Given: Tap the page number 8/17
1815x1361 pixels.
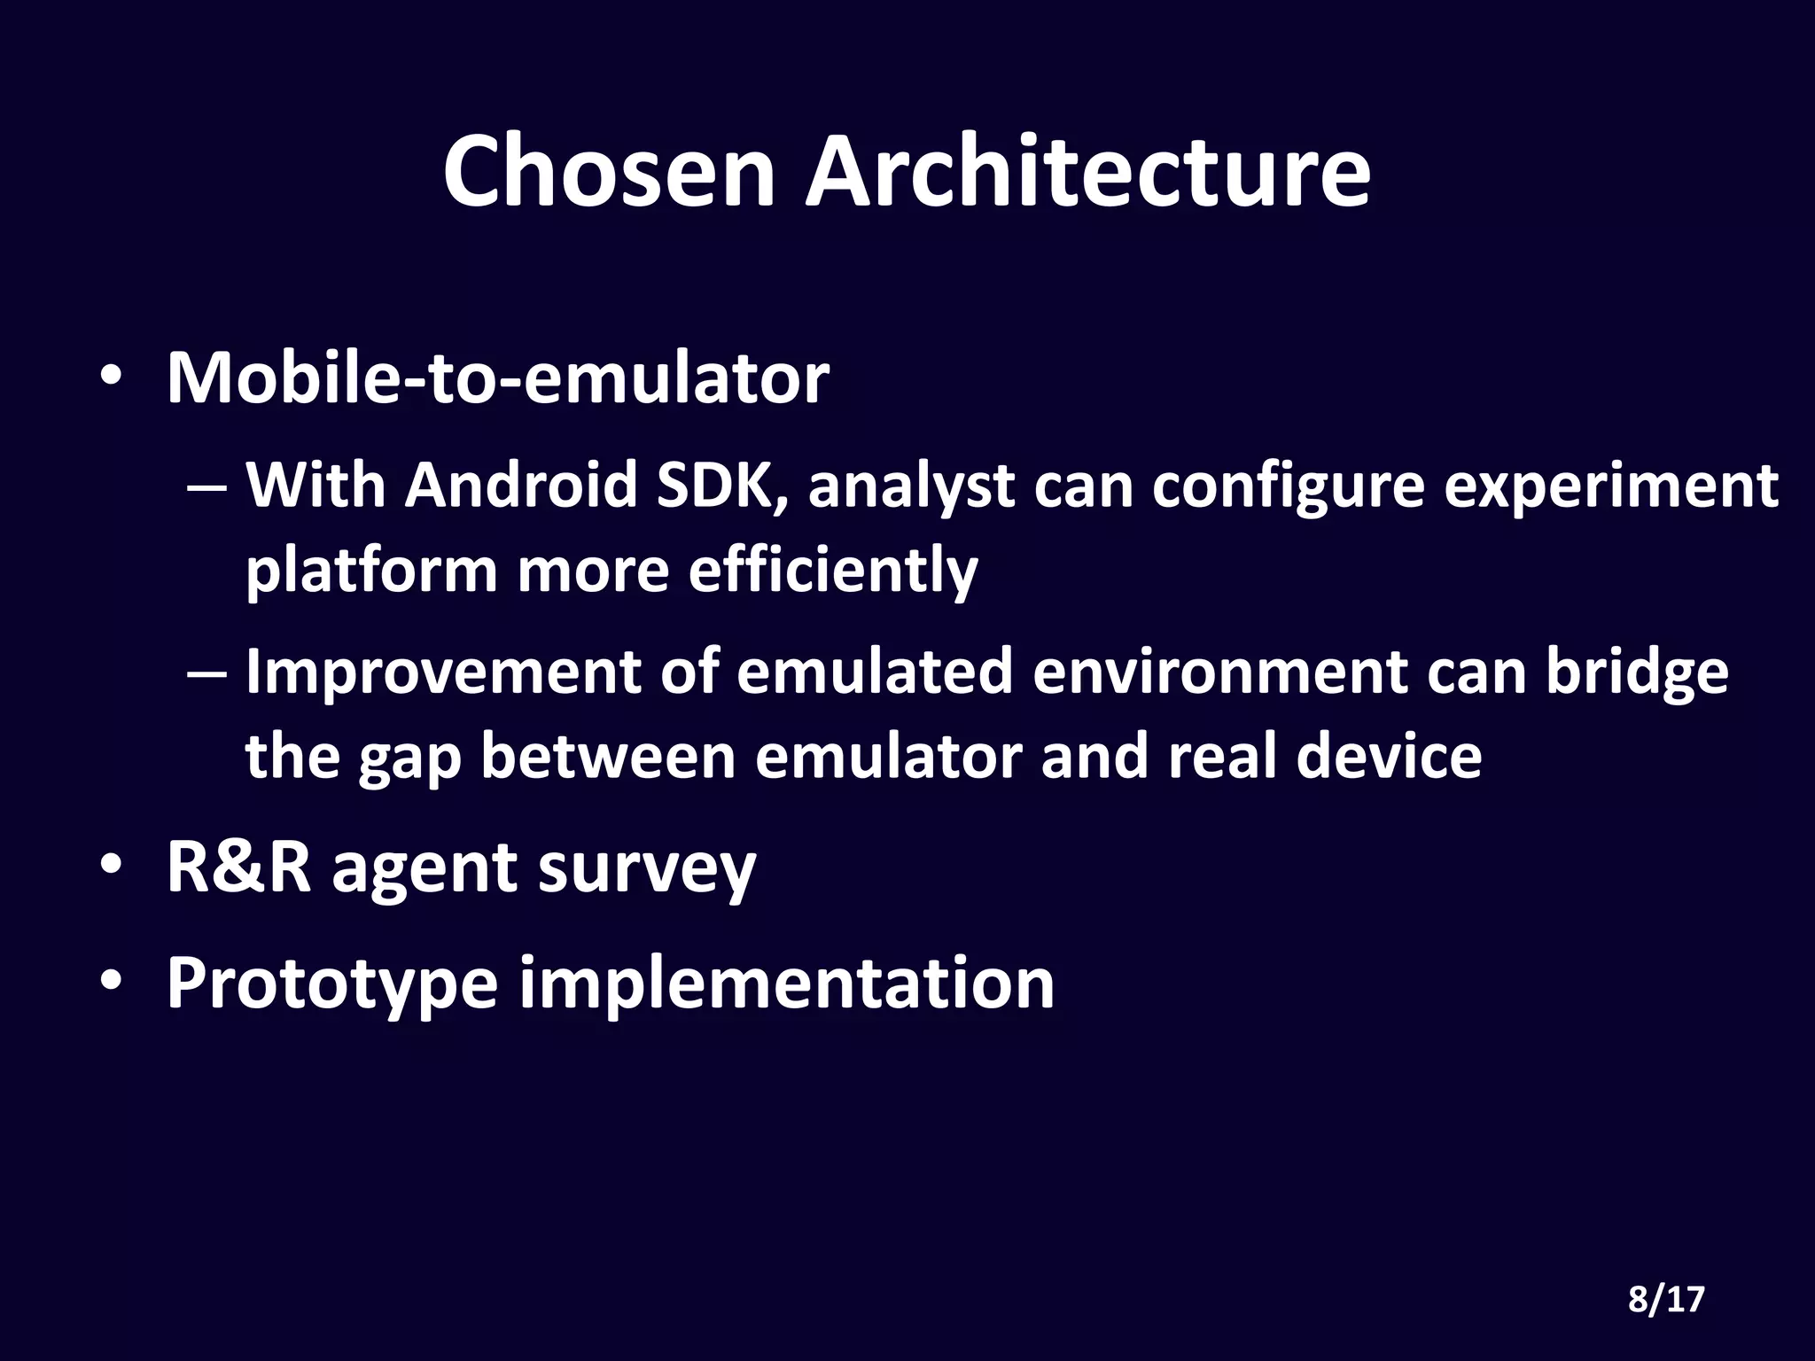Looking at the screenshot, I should pyautogui.click(x=1666, y=1299).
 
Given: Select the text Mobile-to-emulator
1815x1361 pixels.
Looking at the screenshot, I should pyautogui.click(x=498, y=379).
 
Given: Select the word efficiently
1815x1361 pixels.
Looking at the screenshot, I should pyautogui.click(x=832, y=572).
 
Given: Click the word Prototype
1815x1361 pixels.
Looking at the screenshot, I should pyautogui.click(x=332, y=984).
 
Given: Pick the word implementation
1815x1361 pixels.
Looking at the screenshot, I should pyautogui.click(x=786, y=984).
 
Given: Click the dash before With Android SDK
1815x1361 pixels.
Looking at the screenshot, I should pyautogui.click(x=207, y=488).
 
